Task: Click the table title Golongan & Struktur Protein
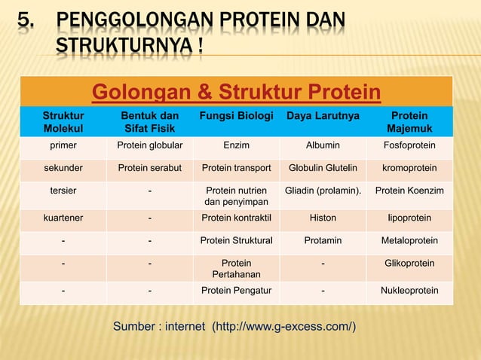point(235,93)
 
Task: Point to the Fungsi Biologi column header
point(237,116)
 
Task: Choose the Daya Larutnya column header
point(323,116)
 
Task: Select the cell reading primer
point(63,145)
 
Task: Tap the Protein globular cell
point(150,145)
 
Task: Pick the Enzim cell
point(237,145)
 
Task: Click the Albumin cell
point(323,145)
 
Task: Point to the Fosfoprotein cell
point(409,145)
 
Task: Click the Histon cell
point(323,218)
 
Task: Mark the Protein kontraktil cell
point(237,218)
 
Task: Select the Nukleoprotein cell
point(409,291)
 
